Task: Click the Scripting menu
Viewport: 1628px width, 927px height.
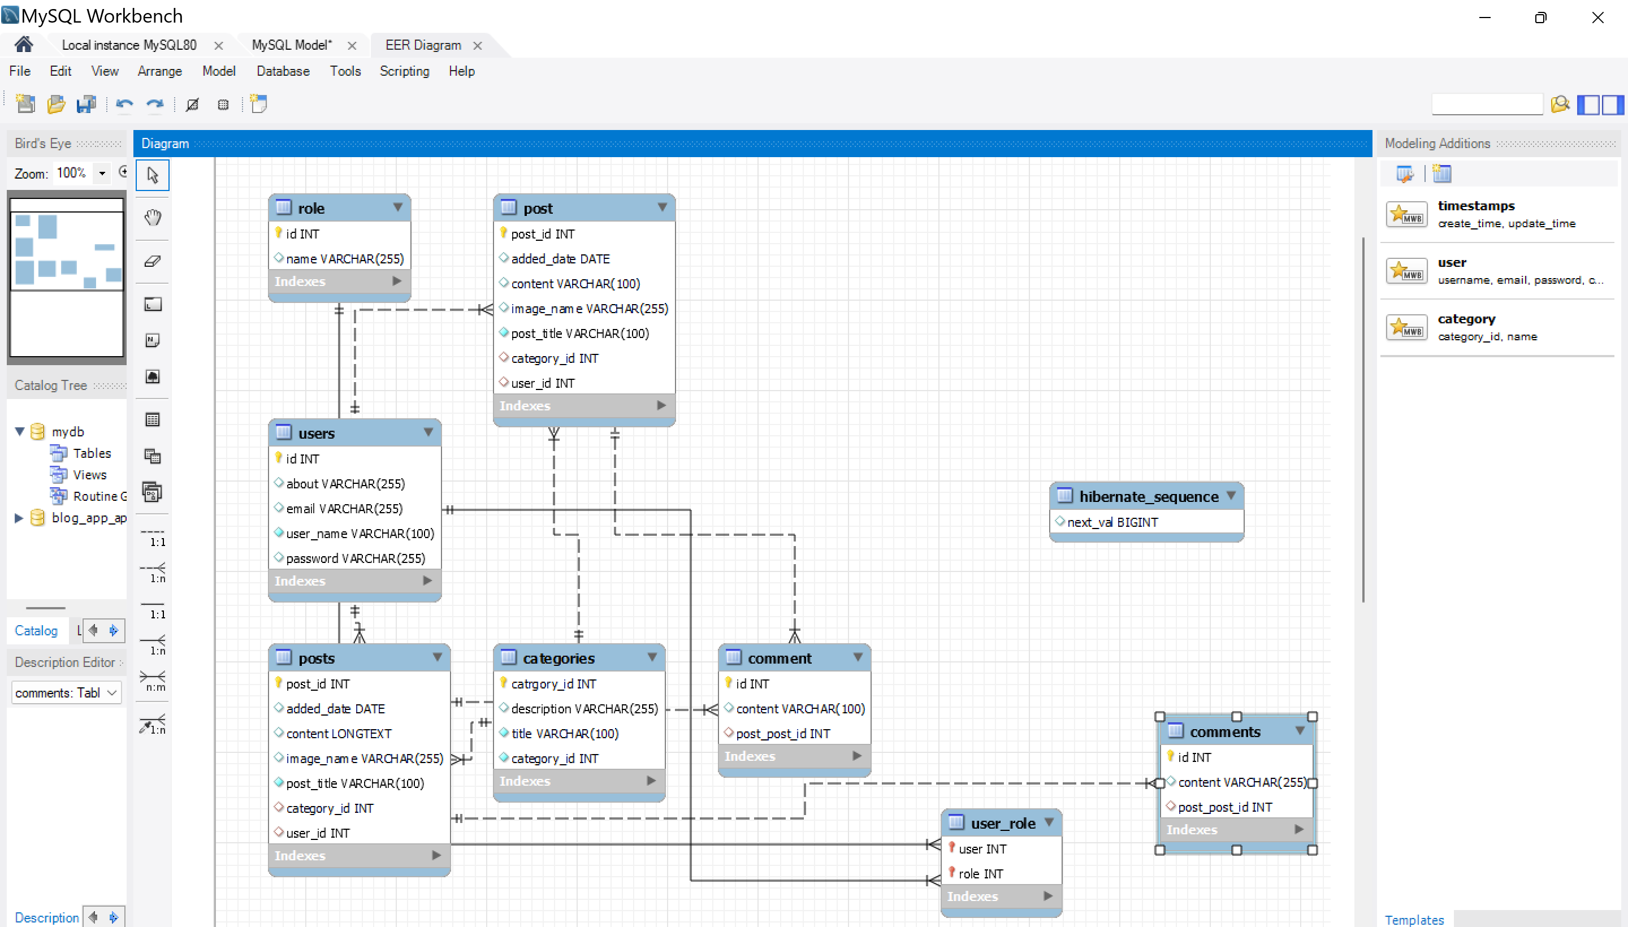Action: [404, 71]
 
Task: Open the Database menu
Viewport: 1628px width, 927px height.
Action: [283, 71]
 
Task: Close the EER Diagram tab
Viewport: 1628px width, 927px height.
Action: [478, 46]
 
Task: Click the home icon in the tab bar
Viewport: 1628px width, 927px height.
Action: [24, 45]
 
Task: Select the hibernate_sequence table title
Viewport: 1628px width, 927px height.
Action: [1148, 497]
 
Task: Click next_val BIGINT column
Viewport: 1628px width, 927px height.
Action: [1112, 522]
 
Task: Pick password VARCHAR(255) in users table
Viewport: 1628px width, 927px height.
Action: [355, 558]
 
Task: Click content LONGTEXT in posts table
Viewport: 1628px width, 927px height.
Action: [339, 734]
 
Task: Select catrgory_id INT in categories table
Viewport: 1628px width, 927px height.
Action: [553, 684]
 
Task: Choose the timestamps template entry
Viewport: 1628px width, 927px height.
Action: [1475, 206]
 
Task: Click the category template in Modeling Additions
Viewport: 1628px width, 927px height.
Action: [1466, 319]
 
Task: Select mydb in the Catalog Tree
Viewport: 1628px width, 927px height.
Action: [67, 432]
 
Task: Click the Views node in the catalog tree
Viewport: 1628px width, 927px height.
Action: [89, 475]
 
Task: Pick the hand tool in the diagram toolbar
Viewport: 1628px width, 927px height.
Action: [152, 218]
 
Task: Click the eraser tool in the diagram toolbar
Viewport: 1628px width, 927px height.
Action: [152, 261]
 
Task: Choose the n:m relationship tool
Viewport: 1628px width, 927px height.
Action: [153, 679]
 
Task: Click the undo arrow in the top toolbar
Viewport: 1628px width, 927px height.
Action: [124, 105]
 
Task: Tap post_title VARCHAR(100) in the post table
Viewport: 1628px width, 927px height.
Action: [579, 333]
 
